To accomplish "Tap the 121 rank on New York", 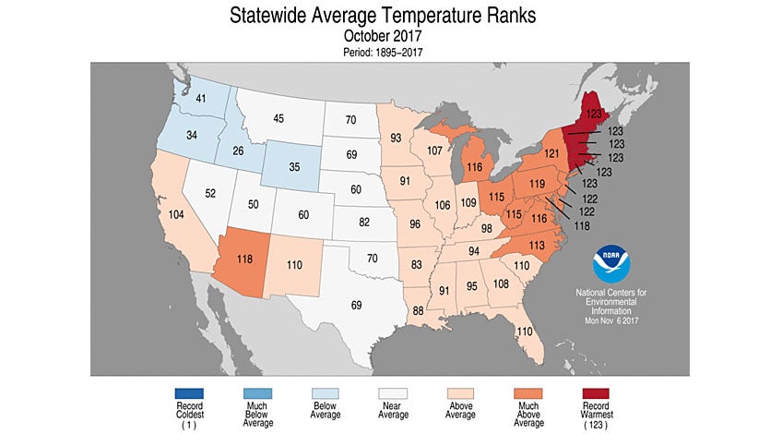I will (551, 152).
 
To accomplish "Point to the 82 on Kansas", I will (365, 223).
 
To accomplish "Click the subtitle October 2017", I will (385, 36).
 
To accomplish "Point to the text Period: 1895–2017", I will (385, 52).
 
